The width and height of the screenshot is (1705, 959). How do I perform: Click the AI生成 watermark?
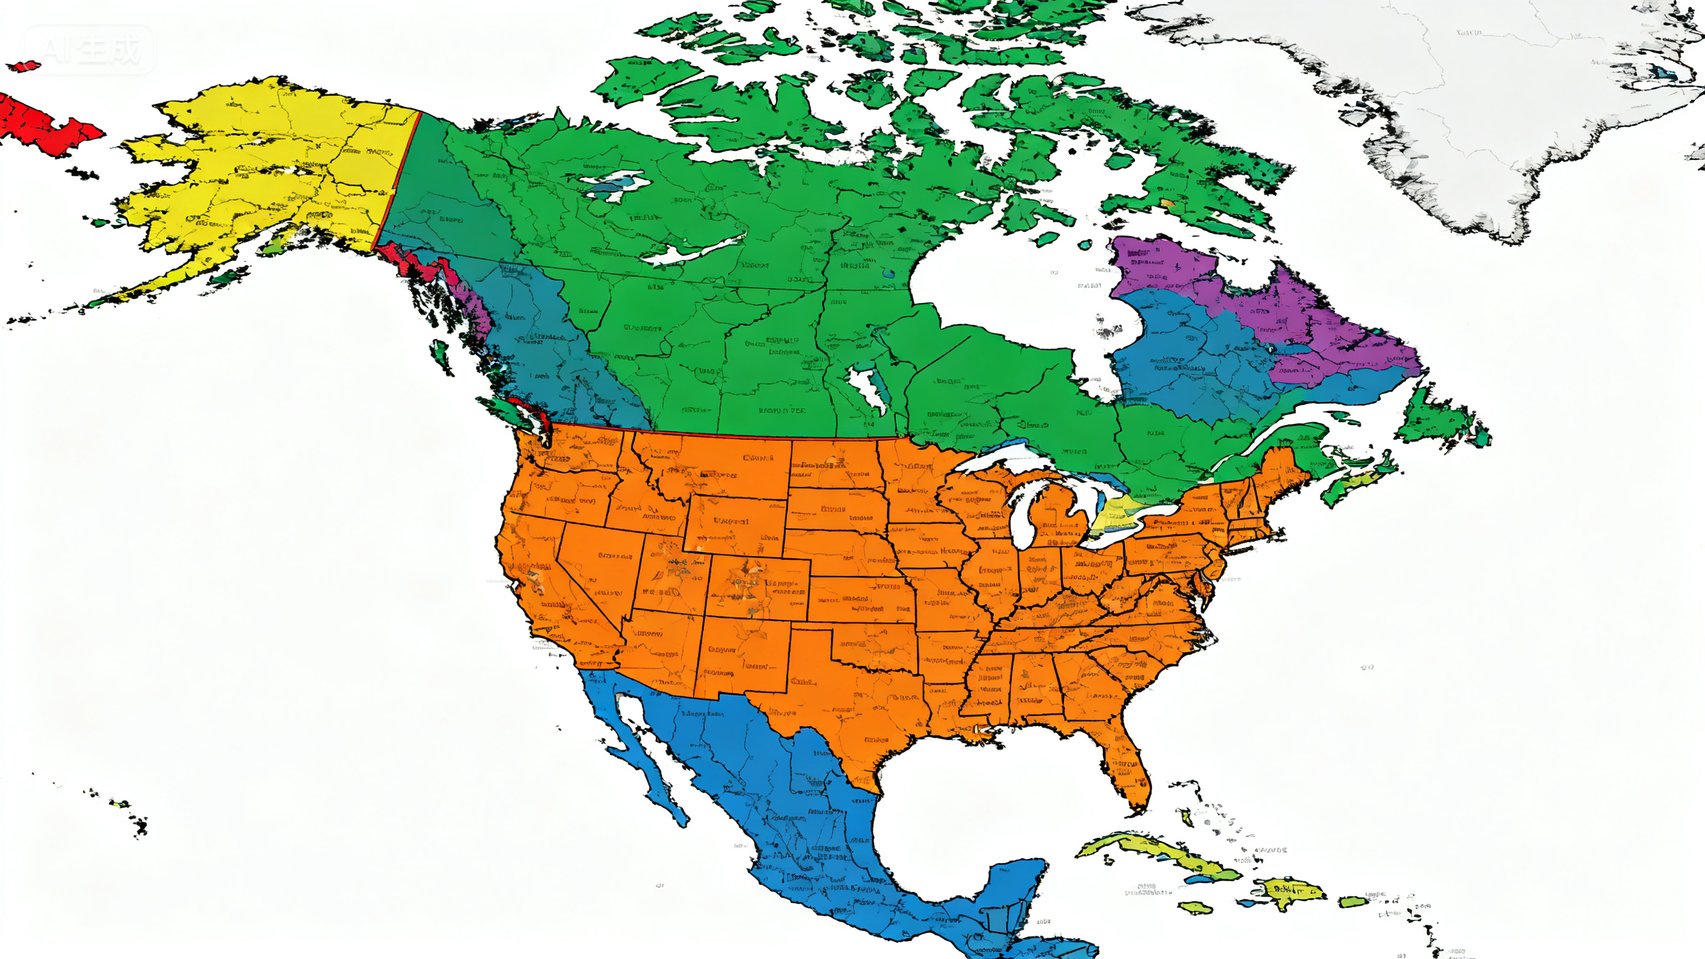click(89, 49)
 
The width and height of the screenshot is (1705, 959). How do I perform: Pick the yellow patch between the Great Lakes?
click(1119, 516)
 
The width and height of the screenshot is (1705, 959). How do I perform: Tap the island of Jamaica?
click(1196, 907)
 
